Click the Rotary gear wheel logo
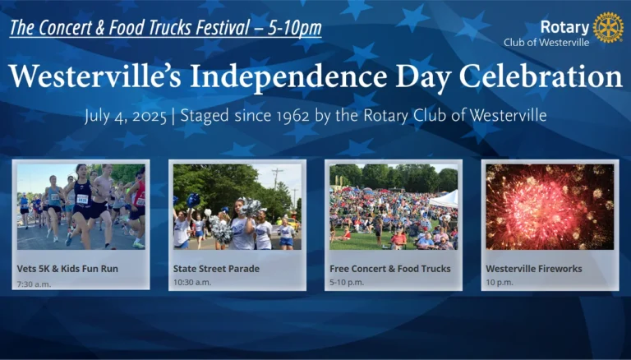[608, 27]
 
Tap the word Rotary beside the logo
[564, 27]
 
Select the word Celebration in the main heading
[541, 76]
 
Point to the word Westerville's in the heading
[95, 76]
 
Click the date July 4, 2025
[126, 117]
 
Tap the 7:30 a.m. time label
[34, 284]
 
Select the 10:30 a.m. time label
[192, 282]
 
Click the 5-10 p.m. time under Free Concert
[347, 282]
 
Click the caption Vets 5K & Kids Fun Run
[67, 269]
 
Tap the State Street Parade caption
[216, 269]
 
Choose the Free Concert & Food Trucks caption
[390, 269]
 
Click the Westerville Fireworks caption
[534, 269]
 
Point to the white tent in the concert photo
[444, 200]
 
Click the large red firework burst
[539, 205]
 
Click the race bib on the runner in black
[82, 199]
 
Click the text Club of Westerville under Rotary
[546, 42]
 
